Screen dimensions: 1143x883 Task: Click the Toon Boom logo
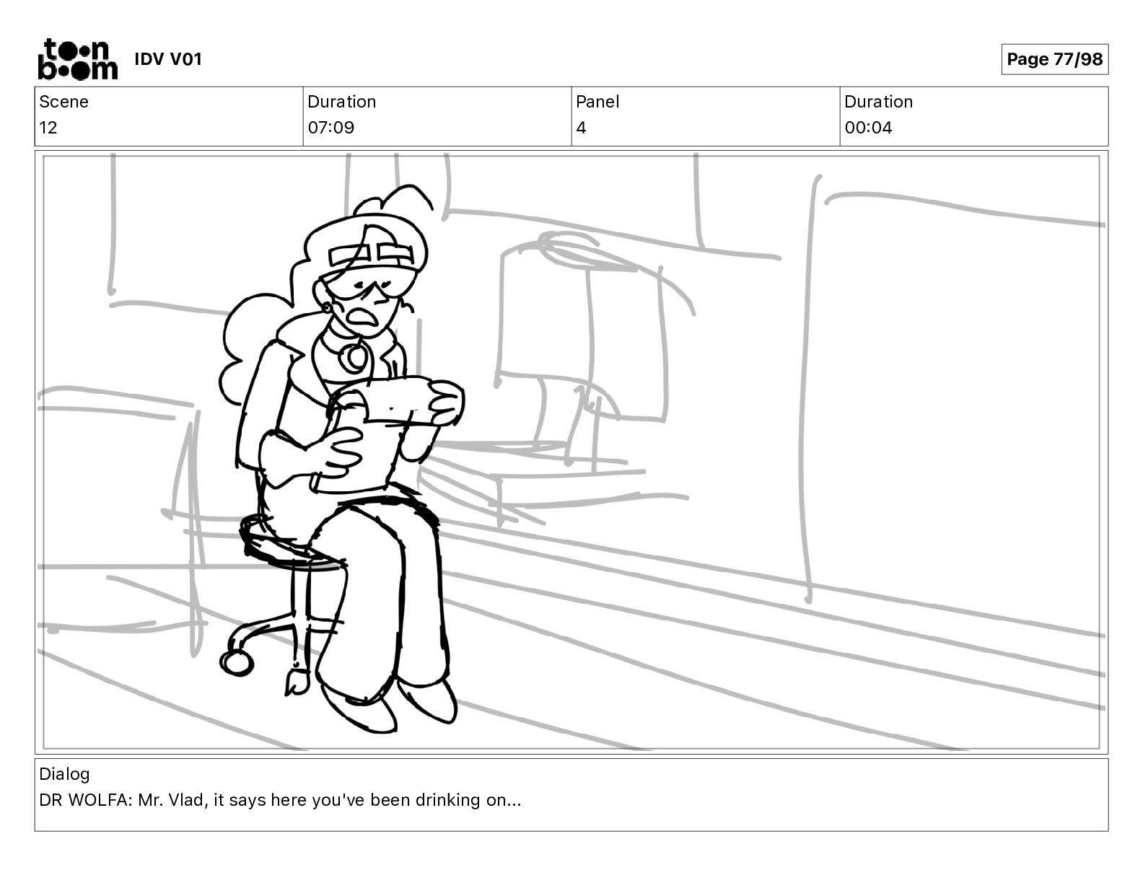[x=78, y=59]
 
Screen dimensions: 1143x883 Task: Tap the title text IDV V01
[x=168, y=59]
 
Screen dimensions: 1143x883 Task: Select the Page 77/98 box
[x=1054, y=59]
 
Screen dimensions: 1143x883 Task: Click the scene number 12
[x=48, y=128]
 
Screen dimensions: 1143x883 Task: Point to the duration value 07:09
[x=331, y=128]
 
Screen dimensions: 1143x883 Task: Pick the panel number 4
[x=581, y=128]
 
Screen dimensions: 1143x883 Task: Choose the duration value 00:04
[x=868, y=128]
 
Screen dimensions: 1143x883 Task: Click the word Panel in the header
[x=597, y=102]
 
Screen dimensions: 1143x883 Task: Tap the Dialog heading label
[x=64, y=774]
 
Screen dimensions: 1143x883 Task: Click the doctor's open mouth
[x=364, y=316]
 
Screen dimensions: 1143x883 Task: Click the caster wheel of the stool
[x=236, y=663]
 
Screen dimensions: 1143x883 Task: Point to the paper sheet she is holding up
[x=403, y=399]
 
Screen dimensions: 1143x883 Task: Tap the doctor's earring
[x=328, y=307]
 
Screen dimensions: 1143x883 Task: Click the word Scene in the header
[x=63, y=102]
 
